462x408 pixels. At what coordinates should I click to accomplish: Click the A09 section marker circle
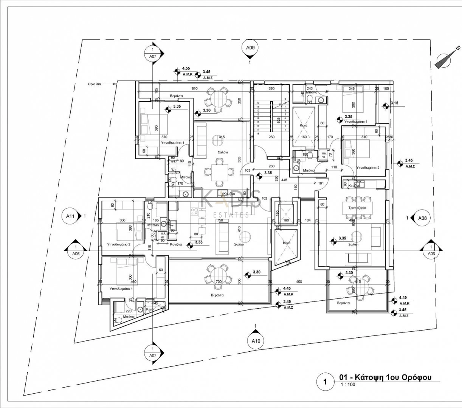[x=250, y=48]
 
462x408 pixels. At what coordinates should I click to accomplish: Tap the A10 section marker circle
[x=256, y=341]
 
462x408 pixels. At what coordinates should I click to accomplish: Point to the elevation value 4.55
[x=186, y=68]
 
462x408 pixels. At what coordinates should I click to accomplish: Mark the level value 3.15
[x=395, y=103]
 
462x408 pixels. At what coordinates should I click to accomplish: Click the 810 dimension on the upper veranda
[x=194, y=89]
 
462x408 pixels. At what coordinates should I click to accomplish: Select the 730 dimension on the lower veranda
[x=218, y=282]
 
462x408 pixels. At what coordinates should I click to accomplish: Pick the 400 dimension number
[x=299, y=282]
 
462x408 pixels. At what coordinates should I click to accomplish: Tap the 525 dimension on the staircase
[x=279, y=120]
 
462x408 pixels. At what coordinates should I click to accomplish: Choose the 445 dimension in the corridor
[x=284, y=180]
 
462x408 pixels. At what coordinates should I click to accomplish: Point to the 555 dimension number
[x=239, y=160]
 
